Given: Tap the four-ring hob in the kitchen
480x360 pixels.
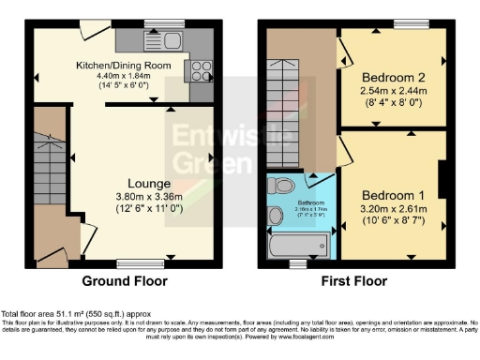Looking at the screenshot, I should (x=201, y=69).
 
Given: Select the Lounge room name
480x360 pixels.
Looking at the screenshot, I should (x=149, y=182).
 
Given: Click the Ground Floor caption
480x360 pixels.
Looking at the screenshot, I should (x=125, y=280).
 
